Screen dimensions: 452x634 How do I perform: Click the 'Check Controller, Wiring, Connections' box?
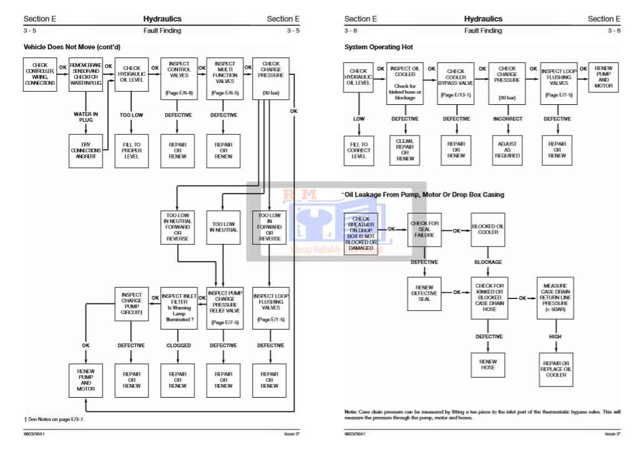tap(40, 75)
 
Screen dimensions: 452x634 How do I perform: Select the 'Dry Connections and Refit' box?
tap(85, 150)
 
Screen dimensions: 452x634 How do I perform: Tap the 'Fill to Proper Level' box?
tap(131, 150)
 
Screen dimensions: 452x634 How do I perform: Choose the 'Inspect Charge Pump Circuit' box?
tap(131, 305)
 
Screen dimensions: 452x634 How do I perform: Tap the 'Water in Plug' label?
tap(85, 117)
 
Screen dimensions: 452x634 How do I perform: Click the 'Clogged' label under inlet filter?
tap(178, 345)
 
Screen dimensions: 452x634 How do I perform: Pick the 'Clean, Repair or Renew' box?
tap(405, 150)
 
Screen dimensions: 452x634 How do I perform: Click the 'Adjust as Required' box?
tap(507, 150)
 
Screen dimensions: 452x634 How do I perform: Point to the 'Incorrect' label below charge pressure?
tap(507, 119)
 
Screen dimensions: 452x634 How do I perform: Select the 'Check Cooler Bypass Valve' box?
tap(456, 81)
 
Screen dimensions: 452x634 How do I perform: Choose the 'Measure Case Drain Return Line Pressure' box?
tap(555, 298)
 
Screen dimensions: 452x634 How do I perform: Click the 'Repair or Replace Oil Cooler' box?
tap(555, 369)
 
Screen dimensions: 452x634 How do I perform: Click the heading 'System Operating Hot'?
tap(378, 47)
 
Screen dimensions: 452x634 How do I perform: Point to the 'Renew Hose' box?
tap(488, 365)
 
